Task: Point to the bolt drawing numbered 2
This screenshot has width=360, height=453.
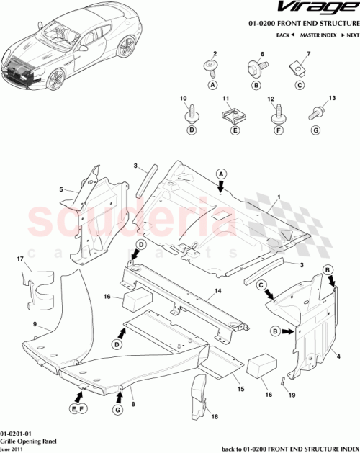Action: [x=212, y=69]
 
